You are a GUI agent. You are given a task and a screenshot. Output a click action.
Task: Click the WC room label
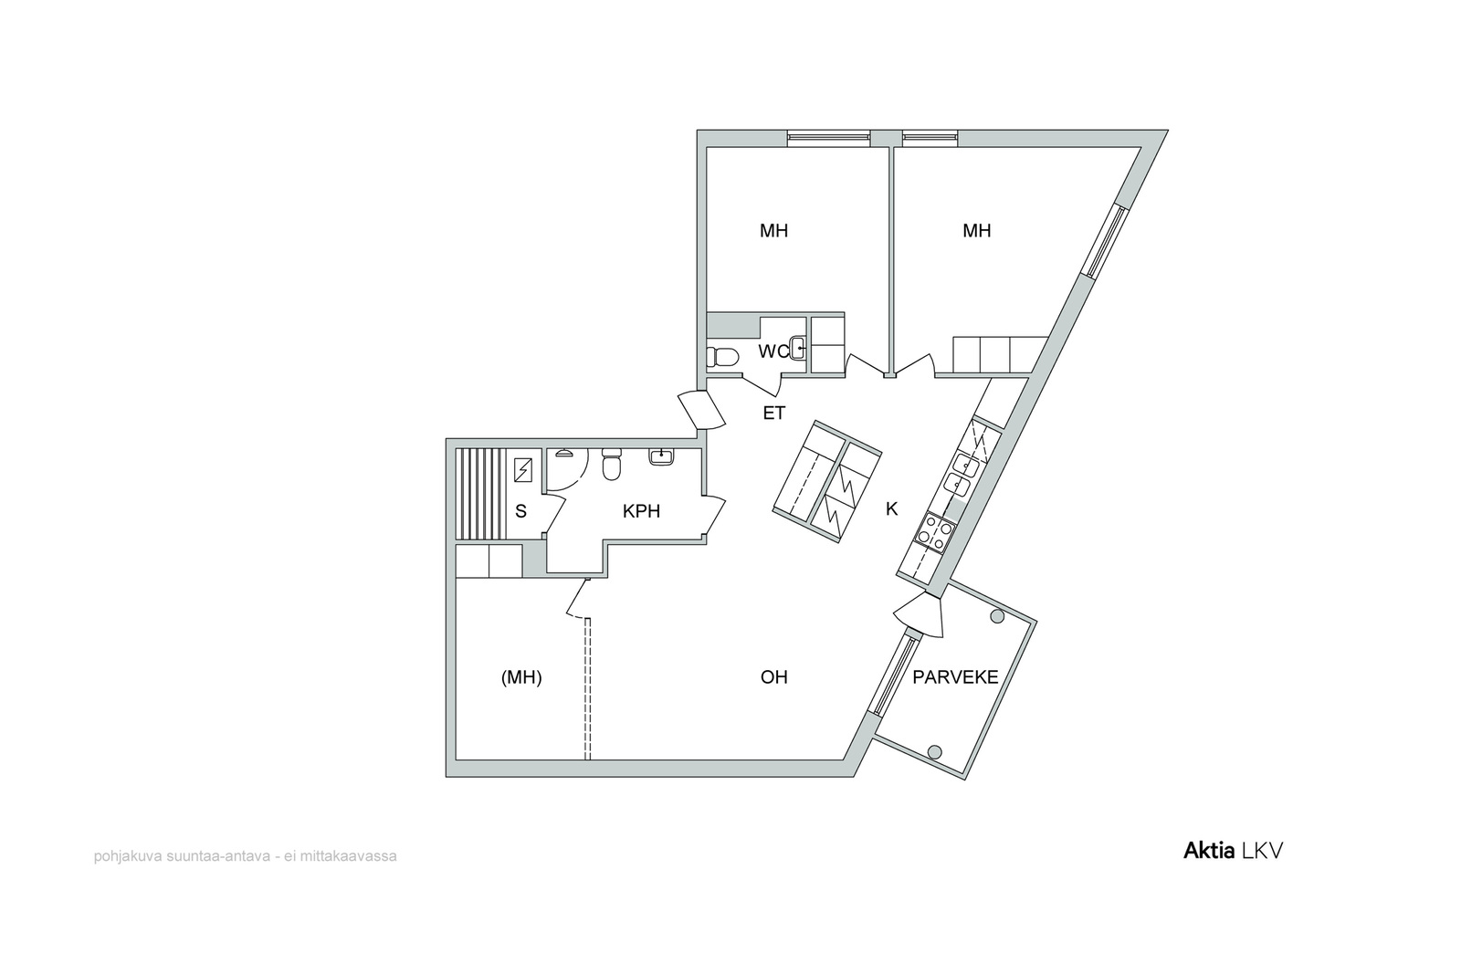click(773, 352)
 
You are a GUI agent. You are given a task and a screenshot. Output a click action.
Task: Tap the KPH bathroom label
click(641, 512)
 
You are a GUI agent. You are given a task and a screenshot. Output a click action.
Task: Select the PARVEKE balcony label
click(955, 677)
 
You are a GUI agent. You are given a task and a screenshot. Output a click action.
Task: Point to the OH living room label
click(773, 677)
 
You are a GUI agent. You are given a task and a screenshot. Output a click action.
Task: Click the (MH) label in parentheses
click(521, 678)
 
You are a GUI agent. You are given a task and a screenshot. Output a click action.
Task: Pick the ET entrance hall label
click(774, 413)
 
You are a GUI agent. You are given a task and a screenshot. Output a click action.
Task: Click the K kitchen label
click(891, 509)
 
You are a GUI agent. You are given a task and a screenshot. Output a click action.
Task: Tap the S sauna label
click(520, 512)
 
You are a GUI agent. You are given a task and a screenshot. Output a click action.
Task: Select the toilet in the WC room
click(721, 357)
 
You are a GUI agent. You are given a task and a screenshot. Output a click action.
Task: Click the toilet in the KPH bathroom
click(611, 463)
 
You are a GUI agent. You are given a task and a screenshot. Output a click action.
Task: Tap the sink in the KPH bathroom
click(661, 456)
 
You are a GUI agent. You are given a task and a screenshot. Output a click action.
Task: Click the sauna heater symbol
click(523, 469)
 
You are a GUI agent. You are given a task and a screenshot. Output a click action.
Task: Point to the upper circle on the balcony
click(996, 616)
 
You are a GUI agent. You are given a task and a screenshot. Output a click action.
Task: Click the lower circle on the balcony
click(934, 751)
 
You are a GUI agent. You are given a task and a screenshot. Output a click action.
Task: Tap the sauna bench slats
click(480, 494)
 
